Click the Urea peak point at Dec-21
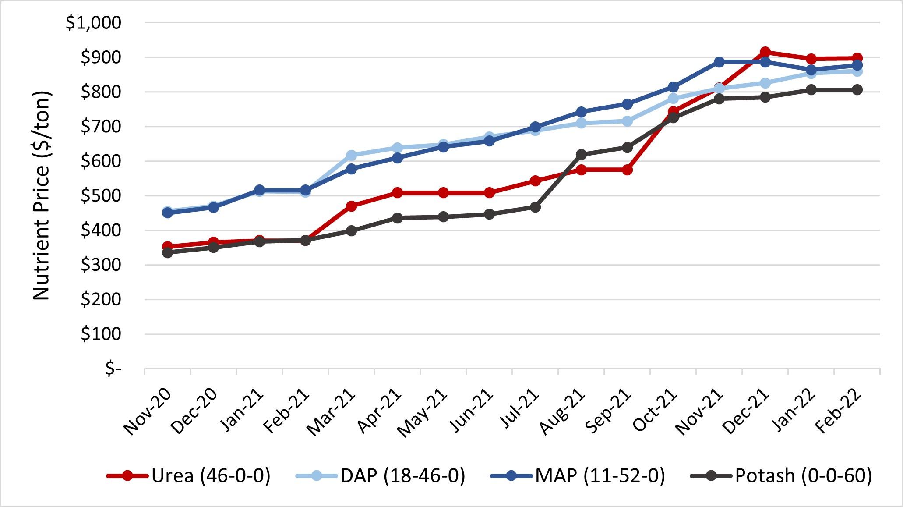[765, 52]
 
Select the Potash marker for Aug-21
[581, 154]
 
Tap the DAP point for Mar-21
[351, 155]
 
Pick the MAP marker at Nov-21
[719, 62]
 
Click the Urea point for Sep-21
[627, 170]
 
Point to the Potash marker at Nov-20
[167, 252]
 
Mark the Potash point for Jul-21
[535, 207]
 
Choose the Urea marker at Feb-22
[857, 58]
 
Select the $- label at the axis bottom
[113, 369]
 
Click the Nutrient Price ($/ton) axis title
[42, 195]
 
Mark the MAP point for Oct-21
[673, 87]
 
